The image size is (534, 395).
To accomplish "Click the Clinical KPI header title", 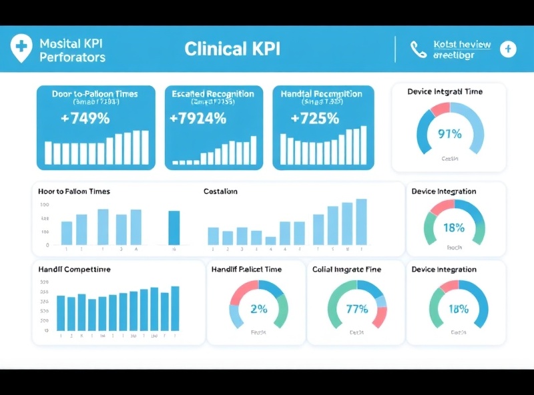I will [x=232, y=49].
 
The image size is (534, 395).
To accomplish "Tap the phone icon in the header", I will [x=419, y=49].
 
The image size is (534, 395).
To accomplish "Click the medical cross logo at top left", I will [x=22, y=47].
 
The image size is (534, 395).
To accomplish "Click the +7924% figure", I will [x=198, y=119].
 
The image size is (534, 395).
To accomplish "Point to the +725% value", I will [x=314, y=119].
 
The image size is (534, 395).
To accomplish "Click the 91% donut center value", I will [x=449, y=133].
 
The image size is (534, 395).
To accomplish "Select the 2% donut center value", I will [x=258, y=309].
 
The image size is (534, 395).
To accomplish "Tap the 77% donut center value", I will [x=357, y=309].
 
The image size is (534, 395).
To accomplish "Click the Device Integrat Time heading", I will [x=445, y=92].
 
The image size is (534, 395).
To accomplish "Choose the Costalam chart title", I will [x=220, y=191].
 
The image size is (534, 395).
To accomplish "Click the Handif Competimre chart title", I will [x=74, y=270].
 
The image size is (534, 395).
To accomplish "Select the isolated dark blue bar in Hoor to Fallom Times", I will [x=174, y=228].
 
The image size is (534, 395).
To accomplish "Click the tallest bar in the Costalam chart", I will [x=361, y=222].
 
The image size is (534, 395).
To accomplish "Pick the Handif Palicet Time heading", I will [x=246, y=270].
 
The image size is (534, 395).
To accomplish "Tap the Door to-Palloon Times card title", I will [x=95, y=94].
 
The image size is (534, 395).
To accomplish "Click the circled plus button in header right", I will [x=509, y=49].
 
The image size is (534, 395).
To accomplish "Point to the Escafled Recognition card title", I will [x=212, y=94].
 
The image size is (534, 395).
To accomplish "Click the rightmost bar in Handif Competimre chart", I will [x=175, y=308].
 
